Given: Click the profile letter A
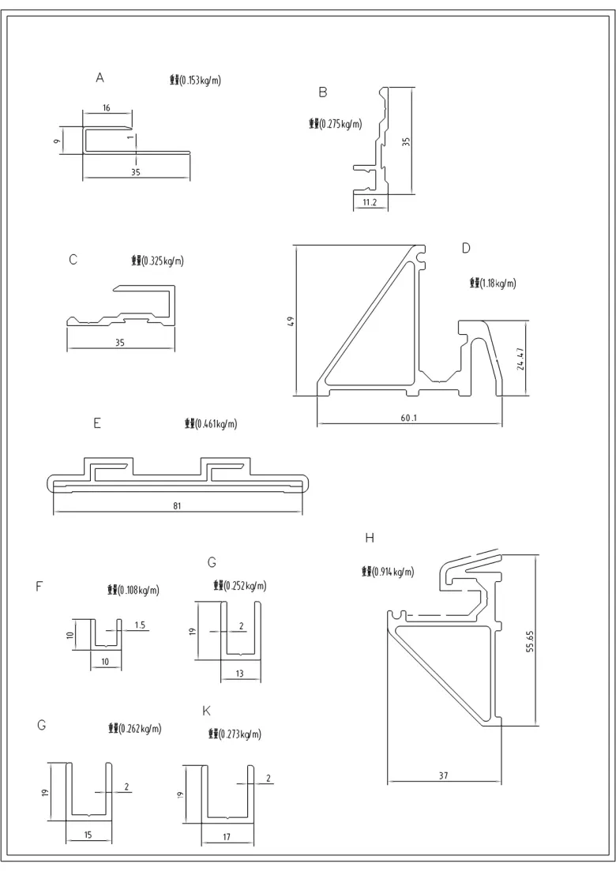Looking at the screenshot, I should pos(100,77).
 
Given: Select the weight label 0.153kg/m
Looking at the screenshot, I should pos(195,80).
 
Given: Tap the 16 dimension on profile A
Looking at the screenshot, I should pos(107,107).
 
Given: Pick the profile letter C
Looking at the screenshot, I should pos(73,258).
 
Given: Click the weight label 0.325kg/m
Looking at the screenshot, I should pos(157,261).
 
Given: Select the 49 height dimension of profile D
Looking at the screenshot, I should pos(291,321).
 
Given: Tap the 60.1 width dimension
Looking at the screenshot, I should pos(408,416).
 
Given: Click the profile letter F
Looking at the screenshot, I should pos(39,586).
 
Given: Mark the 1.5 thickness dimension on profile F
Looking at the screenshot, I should pos(139,625).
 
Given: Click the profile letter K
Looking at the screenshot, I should pos(207,711).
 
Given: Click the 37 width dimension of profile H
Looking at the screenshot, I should pos(444,776).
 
